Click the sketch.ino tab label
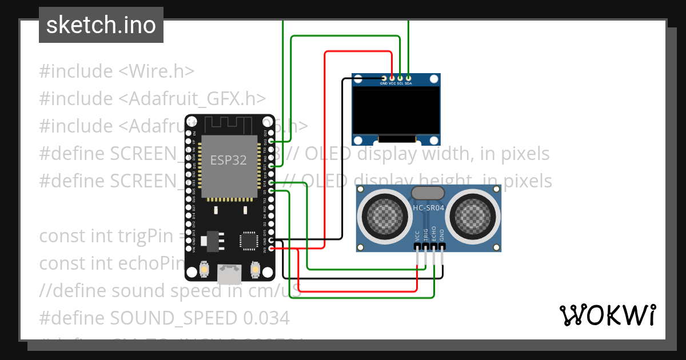point(101,25)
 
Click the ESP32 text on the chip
point(228,160)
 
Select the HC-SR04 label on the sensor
point(429,208)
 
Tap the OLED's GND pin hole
point(384,78)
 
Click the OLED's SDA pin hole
point(408,78)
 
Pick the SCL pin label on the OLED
point(400,83)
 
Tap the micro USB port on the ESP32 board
point(230,274)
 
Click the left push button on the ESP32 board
point(204,269)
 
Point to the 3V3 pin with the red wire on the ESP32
point(271,249)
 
